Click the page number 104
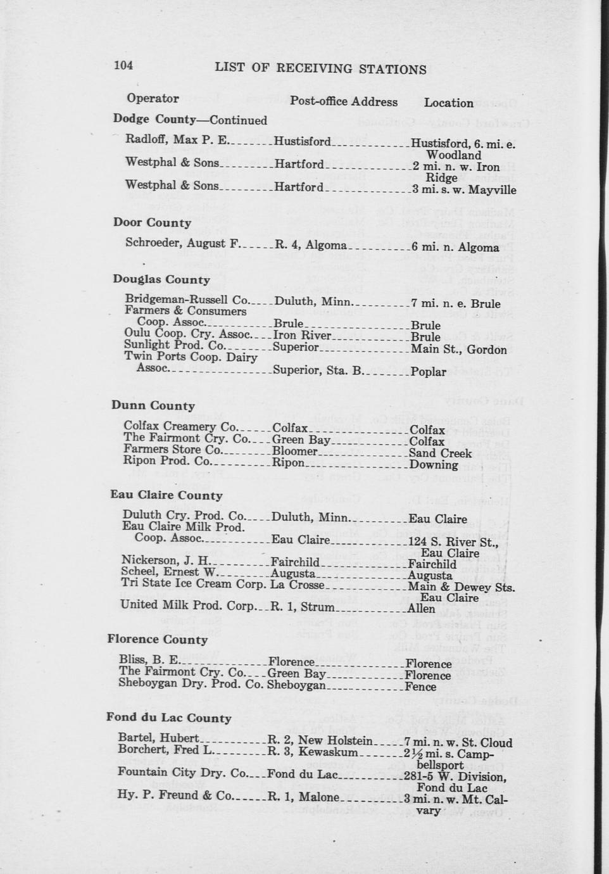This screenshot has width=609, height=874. click(x=123, y=65)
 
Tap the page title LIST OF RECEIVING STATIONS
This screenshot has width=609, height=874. click(x=320, y=68)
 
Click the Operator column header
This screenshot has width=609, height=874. click(x=153, y=98)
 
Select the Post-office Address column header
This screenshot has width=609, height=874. click(x=344, y=101)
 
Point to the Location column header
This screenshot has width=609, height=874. click(x=448, y=103)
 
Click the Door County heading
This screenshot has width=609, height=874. click(x=152, y=222)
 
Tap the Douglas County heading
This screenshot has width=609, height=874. click(x=161, y=279)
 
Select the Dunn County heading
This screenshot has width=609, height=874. click(x=153, y=405)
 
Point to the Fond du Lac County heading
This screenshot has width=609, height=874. click(x=168, y=718)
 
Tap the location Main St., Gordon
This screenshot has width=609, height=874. click(x=458, y=350)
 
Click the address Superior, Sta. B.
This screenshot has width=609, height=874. click(x=318, y=370)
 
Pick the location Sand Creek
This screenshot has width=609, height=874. click(x=440, y=453)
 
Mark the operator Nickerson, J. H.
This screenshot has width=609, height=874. click(x=165, y=560)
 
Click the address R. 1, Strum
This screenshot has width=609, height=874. click(x=302, y=607)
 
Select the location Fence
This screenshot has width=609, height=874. click(x=420, y=687)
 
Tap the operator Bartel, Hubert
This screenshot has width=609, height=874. click(x=159, y=738)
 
